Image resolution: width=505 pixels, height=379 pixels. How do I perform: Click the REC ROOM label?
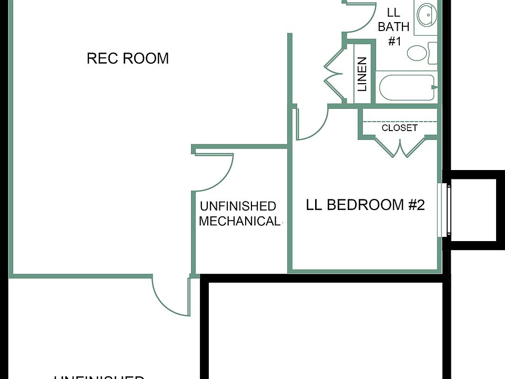pyautogui.click(x=127, y=58)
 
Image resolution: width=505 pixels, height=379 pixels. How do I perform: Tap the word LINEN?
pyautogui.click(x=362, y=74)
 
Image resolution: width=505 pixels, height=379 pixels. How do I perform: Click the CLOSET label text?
pyautogui.click(x=399, y=128)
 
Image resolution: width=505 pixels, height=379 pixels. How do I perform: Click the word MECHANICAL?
pyautogui.click(x=239, y=221)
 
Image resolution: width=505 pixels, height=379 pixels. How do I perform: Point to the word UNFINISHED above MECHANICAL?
pyautogui.click(x=238, y=206)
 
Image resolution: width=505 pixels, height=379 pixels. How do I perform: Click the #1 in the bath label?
pyautogui.click(x=394, y=41)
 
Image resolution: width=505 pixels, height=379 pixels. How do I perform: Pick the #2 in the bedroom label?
pyautogui.click(x=416, y=205)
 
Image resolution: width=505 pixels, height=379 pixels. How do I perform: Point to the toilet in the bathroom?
pyautogui.click(x=419, y=53)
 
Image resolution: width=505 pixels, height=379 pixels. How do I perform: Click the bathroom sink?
pyautogui.click(x=426, y=16)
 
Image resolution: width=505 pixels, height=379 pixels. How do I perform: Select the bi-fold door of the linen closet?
pyautogui.click(x=333, y=74)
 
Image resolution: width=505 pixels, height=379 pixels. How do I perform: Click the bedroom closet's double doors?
pyautogui.click(x=400, y=147)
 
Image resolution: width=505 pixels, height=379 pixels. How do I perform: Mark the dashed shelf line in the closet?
pyautogui.click(x=400, y=122)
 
